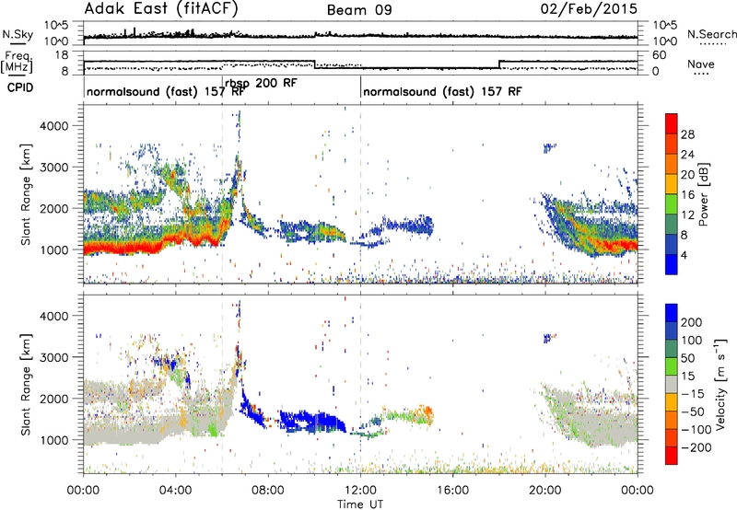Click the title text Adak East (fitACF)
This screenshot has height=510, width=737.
click(x=161, y=9)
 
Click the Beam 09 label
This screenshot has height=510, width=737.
click(x=359, y=10)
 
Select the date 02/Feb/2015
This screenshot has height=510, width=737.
click(x=589, y=9)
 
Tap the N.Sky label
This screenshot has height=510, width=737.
click(x=18, y=34)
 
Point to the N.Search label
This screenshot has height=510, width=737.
click(x=711, y=34)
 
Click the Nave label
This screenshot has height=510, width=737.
click(x=701, y=64)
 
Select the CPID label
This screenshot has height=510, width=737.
click(x=20, y=87)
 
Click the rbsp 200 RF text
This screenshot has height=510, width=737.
click(x=261, y=84)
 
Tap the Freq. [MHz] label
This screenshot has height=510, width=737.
click(x=17, y=62)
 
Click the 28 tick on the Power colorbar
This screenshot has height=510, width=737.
click(x=687, y=134)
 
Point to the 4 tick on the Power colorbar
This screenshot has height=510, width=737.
click(x=684, y=255)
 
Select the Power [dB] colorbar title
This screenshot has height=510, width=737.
click(x=703, y=194)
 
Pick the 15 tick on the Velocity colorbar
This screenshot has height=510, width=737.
click(x=687, y=377)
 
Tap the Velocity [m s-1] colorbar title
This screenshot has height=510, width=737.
click(x=720, y=384)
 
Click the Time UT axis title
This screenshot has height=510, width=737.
click(x=360, y=504)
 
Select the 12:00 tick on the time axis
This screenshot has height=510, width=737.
click(x=360, y=491)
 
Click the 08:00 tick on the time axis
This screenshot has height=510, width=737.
click(x=268, y=491)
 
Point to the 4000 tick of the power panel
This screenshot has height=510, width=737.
click(x=54, y=126)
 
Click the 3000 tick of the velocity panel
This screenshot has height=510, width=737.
click(x=54, y=357)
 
